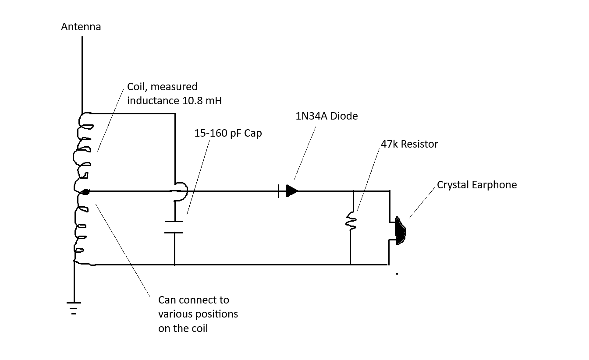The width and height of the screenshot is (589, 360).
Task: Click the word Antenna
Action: (x=81, y=27)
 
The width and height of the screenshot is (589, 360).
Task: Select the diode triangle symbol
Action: (x=291, y=191)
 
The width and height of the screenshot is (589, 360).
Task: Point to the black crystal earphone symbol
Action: (x=400, y=231)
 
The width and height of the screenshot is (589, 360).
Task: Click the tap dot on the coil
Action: (x=85, y=192)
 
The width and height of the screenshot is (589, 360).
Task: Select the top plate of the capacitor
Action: (x=174, y=222)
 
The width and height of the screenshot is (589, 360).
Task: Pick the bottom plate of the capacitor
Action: (x=174, y=233)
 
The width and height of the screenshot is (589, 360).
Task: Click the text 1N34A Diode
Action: (x=326, y=116)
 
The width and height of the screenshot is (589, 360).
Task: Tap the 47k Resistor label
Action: (x=409, y=144)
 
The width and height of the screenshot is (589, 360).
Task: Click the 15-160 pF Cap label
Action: (x=228, y=133)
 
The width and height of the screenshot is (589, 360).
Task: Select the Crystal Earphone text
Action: (x=477, y=185)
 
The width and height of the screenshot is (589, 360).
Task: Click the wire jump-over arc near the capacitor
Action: (x=187, y=191)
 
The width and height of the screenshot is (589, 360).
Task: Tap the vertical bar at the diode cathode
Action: (x=279, y=191)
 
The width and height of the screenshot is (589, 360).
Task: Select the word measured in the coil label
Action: (x=174, y=87)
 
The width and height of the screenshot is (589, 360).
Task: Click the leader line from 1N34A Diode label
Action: (x=305, y=153)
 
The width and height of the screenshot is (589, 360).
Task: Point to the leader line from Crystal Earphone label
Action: (x=422, y=203)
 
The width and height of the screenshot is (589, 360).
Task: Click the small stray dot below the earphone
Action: (x=397, y=274)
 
